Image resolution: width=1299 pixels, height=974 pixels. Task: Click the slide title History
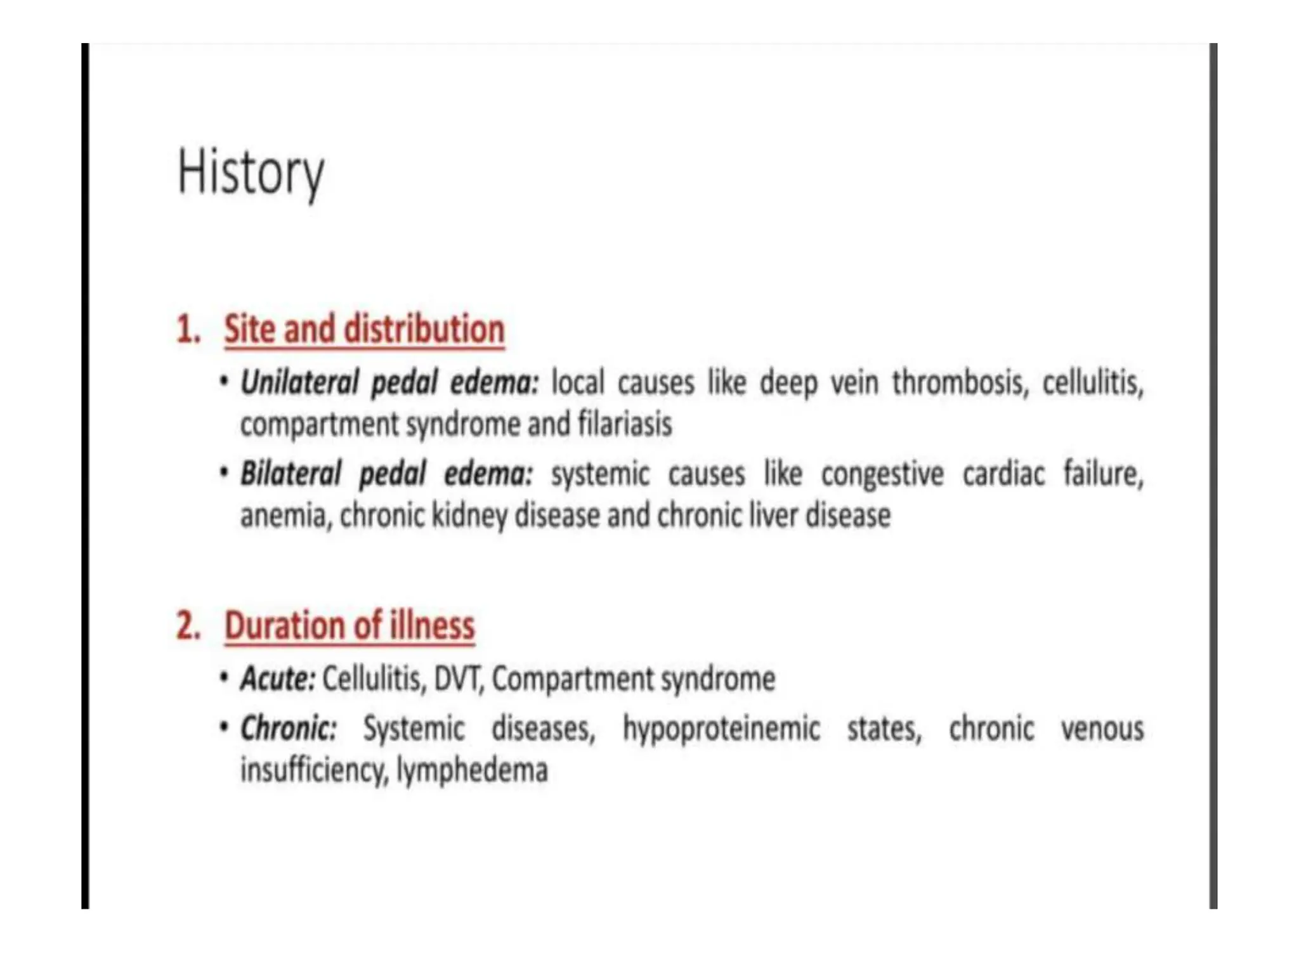[x=251, y=172]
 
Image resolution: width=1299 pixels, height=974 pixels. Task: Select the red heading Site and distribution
[x=364, y=329]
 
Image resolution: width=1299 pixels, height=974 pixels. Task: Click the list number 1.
[x=188, y=330]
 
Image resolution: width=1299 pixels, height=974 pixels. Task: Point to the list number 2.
[x=188, y=626]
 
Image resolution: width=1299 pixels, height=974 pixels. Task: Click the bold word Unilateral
[x=299, y=382]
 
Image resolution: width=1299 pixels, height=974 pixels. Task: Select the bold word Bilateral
[x=290, y=474]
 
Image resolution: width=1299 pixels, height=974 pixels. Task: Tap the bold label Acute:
[x=277, y=679]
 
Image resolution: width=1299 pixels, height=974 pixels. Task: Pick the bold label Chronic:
[x=288, y=728]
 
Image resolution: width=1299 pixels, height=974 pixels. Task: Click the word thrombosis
[x=960, y=382]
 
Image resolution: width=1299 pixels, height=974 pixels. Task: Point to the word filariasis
[x=624, y=424]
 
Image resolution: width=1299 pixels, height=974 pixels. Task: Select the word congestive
[x=882, y=474]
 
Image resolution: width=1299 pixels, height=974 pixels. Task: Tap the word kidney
[x=469, y=516]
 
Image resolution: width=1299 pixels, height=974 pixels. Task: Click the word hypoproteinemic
[x=721, y=728]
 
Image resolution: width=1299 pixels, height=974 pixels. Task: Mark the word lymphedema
[x=472, y=770]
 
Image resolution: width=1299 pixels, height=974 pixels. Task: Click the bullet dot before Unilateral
[x=223, y=381]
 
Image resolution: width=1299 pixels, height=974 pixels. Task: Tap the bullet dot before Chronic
[x=223, y=727]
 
